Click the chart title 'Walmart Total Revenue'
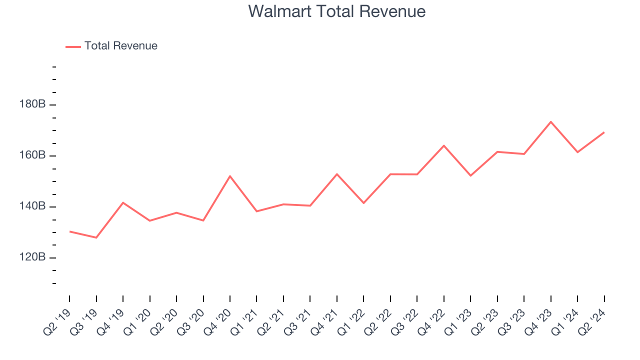(x=336, y=11)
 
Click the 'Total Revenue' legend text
(x=120, y=46)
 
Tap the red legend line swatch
(x=73, y=46)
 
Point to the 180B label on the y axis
(x=33, y=104)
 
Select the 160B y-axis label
(x=33, y=155)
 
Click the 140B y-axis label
(x=33, y=206)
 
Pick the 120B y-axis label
(x=33, y=257)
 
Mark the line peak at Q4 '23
(x=551, y=121)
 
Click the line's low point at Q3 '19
(x=96, y=237)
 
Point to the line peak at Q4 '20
(x=230, y=176)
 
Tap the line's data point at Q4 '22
(x=444, y=145)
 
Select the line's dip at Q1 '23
(x=470, y=175)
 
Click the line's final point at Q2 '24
(x=604, y=132)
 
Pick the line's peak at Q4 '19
(x=123, y=202)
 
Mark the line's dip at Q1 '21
(x=256, y=211)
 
